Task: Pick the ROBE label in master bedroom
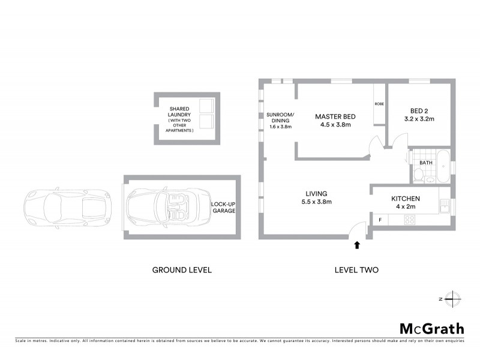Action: pyautogui.click(x=379, y=104)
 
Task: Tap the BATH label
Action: pyautogui.click(x=426, y=163)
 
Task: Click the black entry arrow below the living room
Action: pyautogui.click(x=358, y=245)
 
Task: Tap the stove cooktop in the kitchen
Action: pyautogui.click(x=410, y=220)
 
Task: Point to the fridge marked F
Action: pyautogui.click(x=380, y=220)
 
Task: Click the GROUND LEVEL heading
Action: pyautogui.click(x=182, y=270)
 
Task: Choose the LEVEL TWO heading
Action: pyautogui.click(x=356, y=270)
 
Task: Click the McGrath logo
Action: pyautogui.click(x=431, y=328)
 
